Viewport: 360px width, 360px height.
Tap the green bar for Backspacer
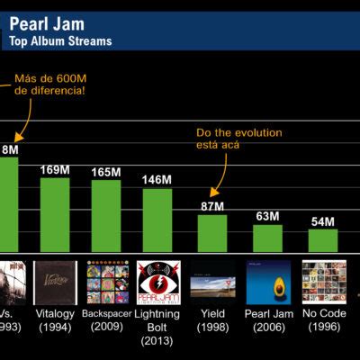click(106, 216)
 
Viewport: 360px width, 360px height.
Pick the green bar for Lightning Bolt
click(157, 220)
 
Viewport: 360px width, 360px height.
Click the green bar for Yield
click(212, 233)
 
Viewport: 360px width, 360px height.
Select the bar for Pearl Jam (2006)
click(267, 238)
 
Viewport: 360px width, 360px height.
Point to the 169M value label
click(54, 168)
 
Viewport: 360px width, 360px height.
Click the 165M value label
click(106, 171)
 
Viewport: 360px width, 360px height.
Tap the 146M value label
click(157, 180)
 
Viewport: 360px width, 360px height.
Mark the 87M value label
click(212, 206)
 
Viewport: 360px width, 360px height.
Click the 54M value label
click(322, 221)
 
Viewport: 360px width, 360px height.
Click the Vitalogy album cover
click(54, 282)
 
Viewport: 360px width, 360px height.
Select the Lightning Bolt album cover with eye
click(157, 282)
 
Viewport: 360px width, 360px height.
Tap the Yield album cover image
click(213, 282)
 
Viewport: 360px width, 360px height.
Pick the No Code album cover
click(323, 282)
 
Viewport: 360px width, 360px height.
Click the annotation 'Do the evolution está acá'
click(238, 139)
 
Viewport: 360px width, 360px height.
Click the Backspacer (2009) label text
click(107, 319)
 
